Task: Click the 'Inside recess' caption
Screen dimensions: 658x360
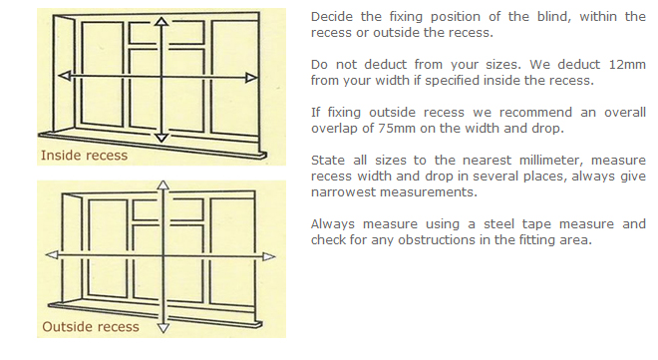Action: (x=84, y=156)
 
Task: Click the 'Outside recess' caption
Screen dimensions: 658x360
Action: (x=91, y=327)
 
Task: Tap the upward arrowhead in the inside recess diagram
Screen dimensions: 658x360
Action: (x=162, y=21)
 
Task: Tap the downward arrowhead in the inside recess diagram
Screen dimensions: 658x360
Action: (x=162, y=138)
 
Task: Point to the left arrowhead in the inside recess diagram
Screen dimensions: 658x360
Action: (x=64, y=76)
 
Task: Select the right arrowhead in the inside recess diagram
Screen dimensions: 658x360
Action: (x=251, y=77)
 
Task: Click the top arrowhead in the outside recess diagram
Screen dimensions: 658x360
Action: (x=164, y=185)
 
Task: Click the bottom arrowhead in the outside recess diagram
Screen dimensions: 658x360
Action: (x=164, y=328)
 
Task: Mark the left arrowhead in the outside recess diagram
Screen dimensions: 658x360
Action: (x=52, y=254)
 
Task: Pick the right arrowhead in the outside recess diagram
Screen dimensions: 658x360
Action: (x=269, y=256)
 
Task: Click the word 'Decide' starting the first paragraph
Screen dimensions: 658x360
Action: (x=332, y=16)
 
